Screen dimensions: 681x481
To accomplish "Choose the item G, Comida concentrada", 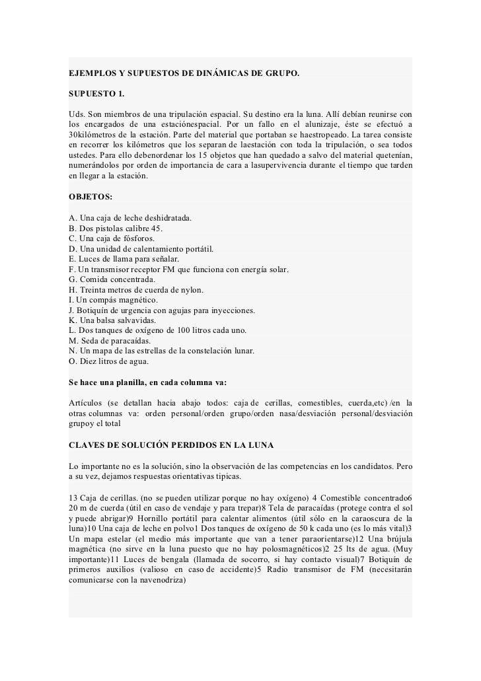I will pyautogui.click(x=112, y=280).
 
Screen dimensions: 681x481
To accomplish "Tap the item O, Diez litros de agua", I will pyautogui.click(x=109, y=362).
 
